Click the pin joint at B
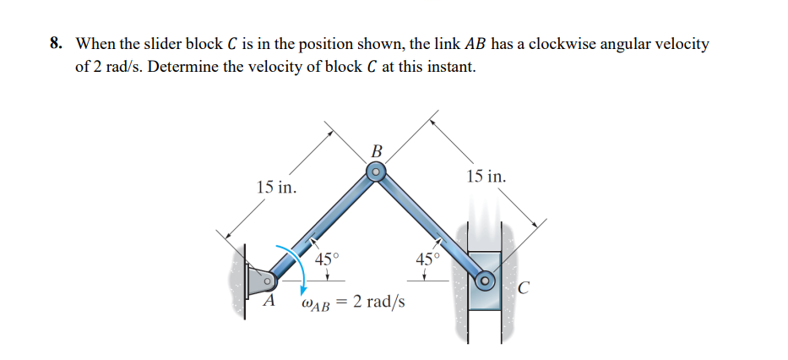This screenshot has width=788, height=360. pos(376,173)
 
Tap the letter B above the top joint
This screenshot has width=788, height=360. pos(377,151)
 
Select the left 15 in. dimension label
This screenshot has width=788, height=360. pos(276,187)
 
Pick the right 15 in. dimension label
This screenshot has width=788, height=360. pos(486,177)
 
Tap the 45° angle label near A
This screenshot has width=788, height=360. pos(326,260)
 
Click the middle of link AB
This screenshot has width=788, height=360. pos(322,226)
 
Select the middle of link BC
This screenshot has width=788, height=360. pos(430,226)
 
